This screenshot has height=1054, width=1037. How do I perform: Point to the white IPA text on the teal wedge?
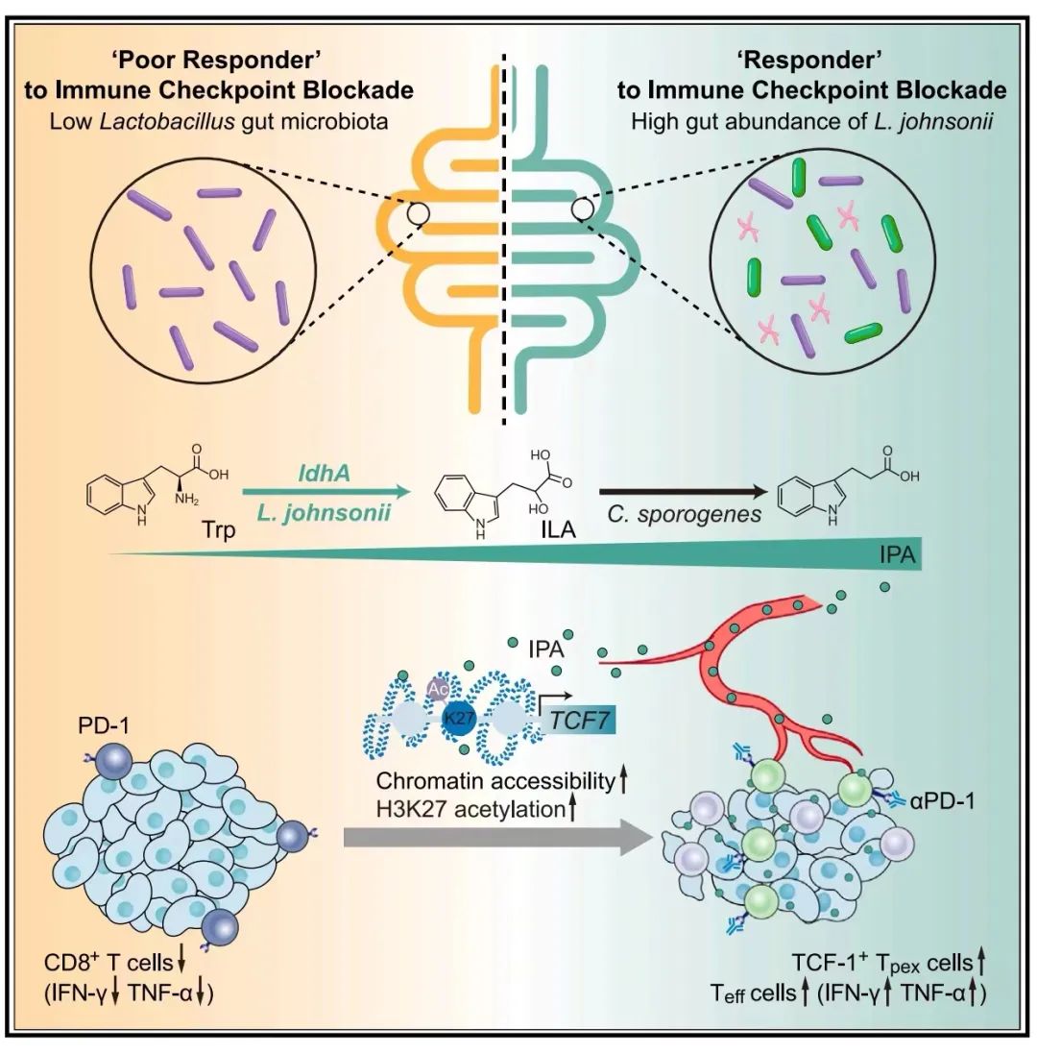898,555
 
